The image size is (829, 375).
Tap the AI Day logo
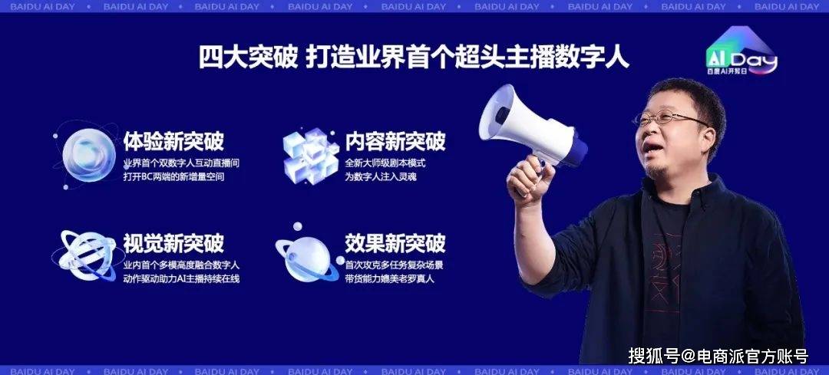(x=741, y=51)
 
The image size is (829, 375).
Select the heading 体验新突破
(x=173, y=142)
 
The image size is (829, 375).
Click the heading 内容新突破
(x=395, y=142)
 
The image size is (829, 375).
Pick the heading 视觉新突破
(x=173, y=244)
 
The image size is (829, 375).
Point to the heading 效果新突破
(x=395, y=244)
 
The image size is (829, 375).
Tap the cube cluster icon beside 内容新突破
(x=311, y=155)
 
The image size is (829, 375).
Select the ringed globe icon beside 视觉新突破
(x=84, y=255)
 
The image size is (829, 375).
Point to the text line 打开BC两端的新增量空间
(x=173, y=177)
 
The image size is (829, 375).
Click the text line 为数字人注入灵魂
(x=381, y=177)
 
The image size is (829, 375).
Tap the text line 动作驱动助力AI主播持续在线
(x=181, y=278)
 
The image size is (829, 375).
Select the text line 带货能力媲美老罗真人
(x=390, y=278)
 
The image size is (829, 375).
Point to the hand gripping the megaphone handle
(x=529, y=180)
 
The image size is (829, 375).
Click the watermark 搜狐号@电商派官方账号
(x=718, y=357)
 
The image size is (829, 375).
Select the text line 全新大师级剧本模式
(x=385, y=163)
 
